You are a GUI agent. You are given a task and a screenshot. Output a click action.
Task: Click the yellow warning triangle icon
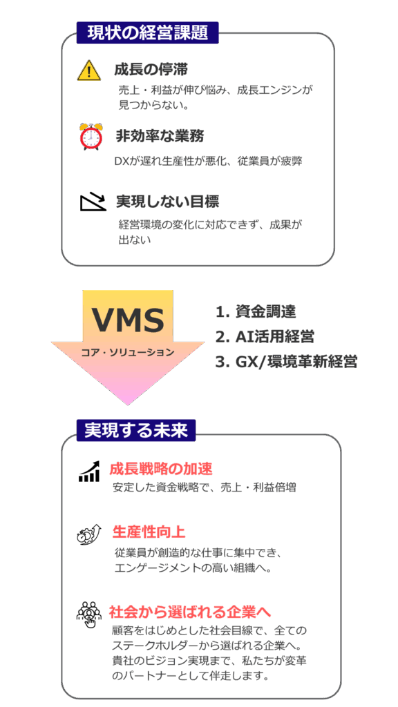pyautogui.click(x=89, y=71)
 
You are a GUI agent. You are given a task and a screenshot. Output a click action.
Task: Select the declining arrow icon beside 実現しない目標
pyautogui.click(x=93, y=202)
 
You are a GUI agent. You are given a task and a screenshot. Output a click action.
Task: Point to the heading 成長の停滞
pyautogui.click(x=151, y=70)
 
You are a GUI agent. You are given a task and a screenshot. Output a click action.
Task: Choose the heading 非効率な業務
pyautogui.click(x=160, y=136)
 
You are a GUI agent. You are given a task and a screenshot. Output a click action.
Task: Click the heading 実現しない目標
pyautogui.click(x=168, y=201)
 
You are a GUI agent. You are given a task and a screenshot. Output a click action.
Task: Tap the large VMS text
pyautogui.click(x=128, y=320)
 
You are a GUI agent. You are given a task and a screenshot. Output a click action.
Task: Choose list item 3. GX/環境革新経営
pyautogui.click(x=286, y=362)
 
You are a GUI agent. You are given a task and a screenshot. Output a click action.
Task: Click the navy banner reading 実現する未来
pyautogui.click(x=136, y=430)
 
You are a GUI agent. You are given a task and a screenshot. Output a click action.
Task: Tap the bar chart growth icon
pyautogui.click(x=89, y=471)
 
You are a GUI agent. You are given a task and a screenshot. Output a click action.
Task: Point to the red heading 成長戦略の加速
pyautogui.click(x=160, y=469)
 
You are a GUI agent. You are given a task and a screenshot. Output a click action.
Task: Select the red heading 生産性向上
pyautogui.click(x=149, y=532)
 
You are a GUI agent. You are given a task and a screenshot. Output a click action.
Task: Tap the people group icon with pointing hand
pyautogui.click(x=89, y=614)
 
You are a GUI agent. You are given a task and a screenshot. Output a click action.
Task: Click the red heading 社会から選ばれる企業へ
pyautogui.click(x=189, y=612)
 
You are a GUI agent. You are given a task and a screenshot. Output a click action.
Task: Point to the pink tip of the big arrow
pyautogui.click(x=128, y=405)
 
